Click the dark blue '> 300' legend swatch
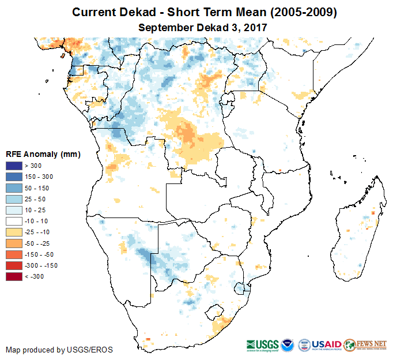click(14, 166)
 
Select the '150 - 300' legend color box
click(14, 177)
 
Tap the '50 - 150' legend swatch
click(14, 188)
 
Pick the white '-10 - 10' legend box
click(14, 221)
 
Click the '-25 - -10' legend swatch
click(14, 232)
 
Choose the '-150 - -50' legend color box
click(14, 254)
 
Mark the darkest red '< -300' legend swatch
click(14, 276)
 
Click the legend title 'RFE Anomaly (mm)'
click(43, 154)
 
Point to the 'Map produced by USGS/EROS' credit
click(59, 350)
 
